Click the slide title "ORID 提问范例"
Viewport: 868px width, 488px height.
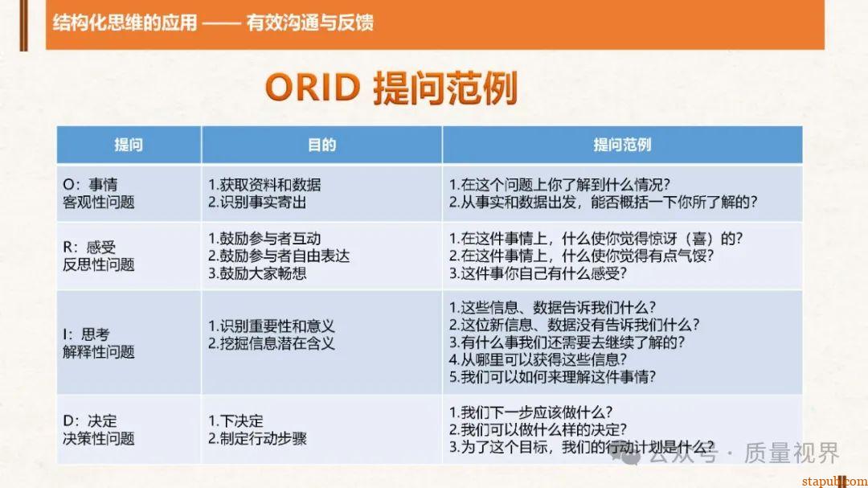(x=391, y=88)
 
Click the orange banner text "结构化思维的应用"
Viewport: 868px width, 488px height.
(x=125, y=23)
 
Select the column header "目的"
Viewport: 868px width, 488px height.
(x=321, y=145)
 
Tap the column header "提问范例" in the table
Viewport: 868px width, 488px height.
(x=622, y=145)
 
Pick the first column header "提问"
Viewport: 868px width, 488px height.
(x=129, y=145)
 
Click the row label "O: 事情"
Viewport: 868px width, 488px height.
(x=90, y=184)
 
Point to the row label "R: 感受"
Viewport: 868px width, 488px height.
(x=89, y=247)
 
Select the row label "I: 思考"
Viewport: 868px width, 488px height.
(x=86, y=334)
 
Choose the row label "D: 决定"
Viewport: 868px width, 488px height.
(x=90, y=420)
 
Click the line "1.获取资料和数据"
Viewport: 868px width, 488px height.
(x=264, y=184)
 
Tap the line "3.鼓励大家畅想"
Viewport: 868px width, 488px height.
(x=257, y=273)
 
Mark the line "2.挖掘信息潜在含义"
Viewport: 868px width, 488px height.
(x=271, y=343)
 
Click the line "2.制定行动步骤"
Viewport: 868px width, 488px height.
(x=257, y=439)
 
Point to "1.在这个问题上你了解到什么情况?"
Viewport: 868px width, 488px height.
(x=560, y=184)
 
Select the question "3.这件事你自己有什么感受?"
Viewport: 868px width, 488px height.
(x=538, y=273)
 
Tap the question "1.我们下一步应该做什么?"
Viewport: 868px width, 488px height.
(x=531, y=412)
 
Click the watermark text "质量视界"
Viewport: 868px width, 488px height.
(x=791, y=453)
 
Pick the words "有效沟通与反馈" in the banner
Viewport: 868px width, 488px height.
(x=310, y=23)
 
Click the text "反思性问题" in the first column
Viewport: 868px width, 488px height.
(x=99, y=265)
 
